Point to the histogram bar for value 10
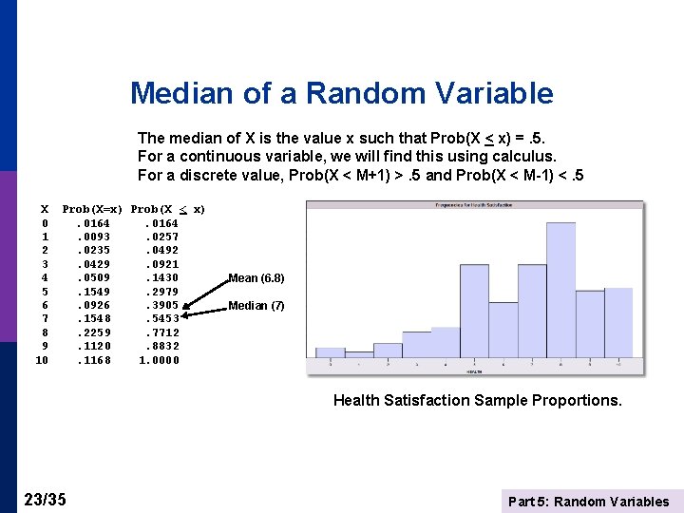(x=617, y=323)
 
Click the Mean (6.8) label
(x=256, y=278)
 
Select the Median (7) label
(x=256, y=306)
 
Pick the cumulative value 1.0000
(x=159, y=360)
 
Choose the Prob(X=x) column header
(x=92, y=209)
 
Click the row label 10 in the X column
(x=42, y=360)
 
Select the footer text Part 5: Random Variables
(x=588, y=502)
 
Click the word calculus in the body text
(x=522, y=156)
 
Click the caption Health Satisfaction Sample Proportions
(x=477, y=400)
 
